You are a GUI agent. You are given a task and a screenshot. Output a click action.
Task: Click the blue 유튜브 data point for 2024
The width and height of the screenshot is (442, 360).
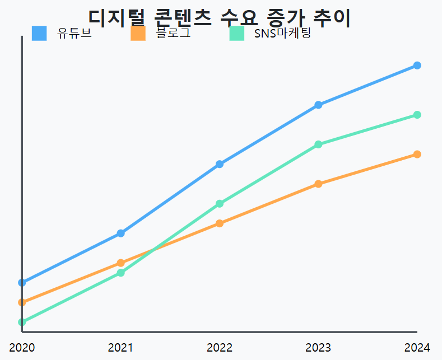pyautogui.click(x=417, y=66)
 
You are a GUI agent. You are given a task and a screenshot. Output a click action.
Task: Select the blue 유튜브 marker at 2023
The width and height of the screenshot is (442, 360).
pyautogui.click(x=318, y=105)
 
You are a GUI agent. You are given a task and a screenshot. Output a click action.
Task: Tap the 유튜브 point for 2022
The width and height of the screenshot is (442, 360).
pyautogui.click(x=220, y=164)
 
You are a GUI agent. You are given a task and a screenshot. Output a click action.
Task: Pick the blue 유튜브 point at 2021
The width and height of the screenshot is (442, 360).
pyautogui.click(x=121, y=233)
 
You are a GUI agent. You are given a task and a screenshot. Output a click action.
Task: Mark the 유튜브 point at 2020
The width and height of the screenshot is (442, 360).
pyautogui.click(x=22, y=283)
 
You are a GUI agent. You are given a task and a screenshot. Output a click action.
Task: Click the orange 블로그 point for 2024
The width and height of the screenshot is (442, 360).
pyautogui.click(x=417, y=155)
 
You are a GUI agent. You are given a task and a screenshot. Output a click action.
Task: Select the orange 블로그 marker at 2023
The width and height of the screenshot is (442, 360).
pyautogui.click(x=318, y=184)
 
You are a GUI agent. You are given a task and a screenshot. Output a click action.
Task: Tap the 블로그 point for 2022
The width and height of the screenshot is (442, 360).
pyautogui.click(x=220, y=223)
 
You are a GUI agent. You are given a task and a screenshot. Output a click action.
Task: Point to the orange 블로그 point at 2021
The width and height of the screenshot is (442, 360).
pyautogui.click(x=121, y=263)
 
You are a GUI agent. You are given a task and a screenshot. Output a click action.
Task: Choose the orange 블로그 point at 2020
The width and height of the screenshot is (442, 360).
pyautogui.click(x=22, y=302)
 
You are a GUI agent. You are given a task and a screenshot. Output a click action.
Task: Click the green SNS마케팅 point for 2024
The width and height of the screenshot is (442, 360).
pyautogui.click(x=417, y=115)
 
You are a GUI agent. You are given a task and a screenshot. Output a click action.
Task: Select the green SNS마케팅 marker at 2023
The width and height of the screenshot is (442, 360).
pyautogui.click(x=318, y=144)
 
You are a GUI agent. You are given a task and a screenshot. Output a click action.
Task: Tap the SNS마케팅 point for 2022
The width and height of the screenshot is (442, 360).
pyautogui.click(x=220, y=204)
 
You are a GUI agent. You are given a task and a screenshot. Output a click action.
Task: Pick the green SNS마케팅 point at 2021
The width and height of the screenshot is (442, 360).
pyautogui.click(x=121, y=273)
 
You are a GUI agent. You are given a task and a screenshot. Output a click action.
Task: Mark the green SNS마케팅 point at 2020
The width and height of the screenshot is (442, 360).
pyautogui.click(x=22, y=322)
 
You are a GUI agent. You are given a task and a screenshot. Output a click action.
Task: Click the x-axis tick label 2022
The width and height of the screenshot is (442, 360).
pyautogui.click(x=220, y=348)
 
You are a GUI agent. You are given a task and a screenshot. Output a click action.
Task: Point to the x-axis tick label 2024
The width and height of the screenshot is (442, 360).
pyautogui.click(x=417, y=348)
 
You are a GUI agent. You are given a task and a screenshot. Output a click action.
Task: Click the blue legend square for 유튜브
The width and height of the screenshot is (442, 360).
pyautogui.click(x=39, y=34)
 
